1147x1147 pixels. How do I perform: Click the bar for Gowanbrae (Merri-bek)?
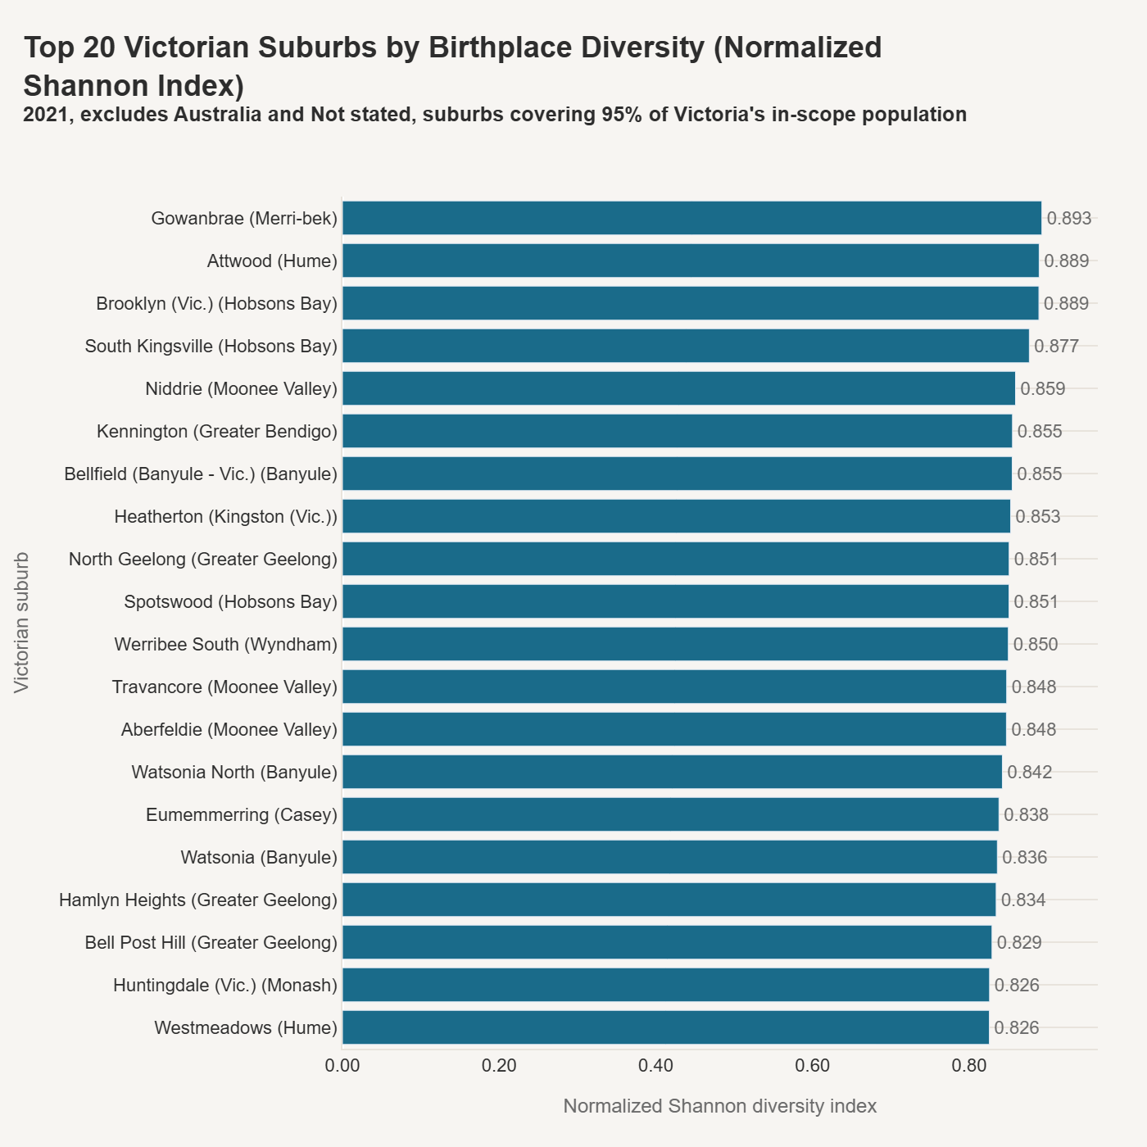(x=691, y=218)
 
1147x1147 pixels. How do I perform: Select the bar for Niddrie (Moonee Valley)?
(x=678, y=388)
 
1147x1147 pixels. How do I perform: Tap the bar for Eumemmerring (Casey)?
(x=670, y=814)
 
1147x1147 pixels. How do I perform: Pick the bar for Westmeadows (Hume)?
(x=665, y=1027)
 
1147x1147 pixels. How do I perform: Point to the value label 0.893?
(x=1069, y=218)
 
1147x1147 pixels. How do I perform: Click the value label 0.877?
(x=1056, y=346)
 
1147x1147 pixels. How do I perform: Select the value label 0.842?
(x=1029, y=772)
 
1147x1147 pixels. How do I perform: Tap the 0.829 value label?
(x=1019, y=942)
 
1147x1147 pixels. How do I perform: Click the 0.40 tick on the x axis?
(x=656, y=1066)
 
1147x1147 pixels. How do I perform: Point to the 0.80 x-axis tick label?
(x=970, y=1066)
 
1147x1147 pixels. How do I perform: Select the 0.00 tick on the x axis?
(x=342, y=1066)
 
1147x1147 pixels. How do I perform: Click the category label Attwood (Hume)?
(x=272, y=261)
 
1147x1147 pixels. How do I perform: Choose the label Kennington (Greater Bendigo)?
(x=217, y=432)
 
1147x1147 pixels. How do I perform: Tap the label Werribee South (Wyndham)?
(x=226, y=645)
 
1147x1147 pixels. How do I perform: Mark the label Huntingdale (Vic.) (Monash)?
(x=225, y=986)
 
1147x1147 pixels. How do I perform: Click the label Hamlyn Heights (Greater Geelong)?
(x=198, y=900)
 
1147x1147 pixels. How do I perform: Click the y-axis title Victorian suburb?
(x=22, y=623)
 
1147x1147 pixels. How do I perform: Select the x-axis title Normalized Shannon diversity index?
(x=720, y=1106)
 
